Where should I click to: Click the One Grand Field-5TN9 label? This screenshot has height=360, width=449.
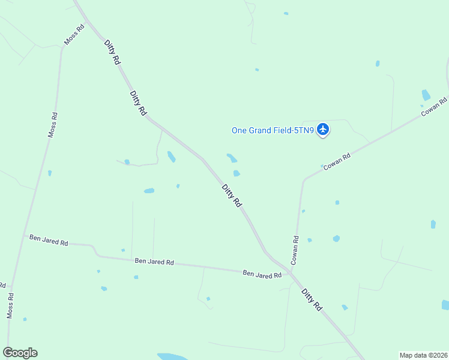pos(273,130)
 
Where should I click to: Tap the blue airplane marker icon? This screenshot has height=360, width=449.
pos(324,128)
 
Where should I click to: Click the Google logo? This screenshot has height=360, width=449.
pos(20,353)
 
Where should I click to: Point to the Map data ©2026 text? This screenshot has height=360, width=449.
pos(423,355)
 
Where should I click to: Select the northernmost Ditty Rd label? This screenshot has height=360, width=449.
pos(112,53)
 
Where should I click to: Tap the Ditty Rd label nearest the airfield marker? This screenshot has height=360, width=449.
pos(231,196)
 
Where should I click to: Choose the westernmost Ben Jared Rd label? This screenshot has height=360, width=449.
pos(49,241)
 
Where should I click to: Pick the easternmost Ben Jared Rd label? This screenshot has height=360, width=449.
pos(262,274)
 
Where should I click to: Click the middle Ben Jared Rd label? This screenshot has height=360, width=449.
pos(154,262)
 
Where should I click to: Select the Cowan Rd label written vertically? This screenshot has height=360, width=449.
pos(295,250)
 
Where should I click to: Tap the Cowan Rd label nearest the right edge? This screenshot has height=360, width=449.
pos(434,107)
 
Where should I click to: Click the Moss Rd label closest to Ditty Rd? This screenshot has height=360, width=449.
pos(71,38)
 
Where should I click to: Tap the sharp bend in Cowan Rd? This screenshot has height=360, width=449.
pos(304,179)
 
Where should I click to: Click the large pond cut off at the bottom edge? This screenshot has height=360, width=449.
pos(174,356)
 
